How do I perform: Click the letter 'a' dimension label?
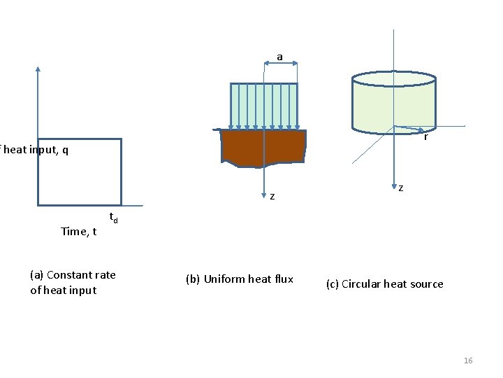[279, 56]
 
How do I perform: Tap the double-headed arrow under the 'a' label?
[281, 63]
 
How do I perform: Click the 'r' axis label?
[425, 137]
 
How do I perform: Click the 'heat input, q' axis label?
[34, 150]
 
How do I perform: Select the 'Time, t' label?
[78, 231]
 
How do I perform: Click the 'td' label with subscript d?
[113, 218]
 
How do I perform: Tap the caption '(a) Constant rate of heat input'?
[73, 282]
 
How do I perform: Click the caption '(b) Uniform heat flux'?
[240, 279]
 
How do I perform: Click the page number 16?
[468, 360]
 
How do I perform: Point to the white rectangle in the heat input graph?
[79, 171]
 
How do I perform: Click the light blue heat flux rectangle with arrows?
[264, 105]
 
